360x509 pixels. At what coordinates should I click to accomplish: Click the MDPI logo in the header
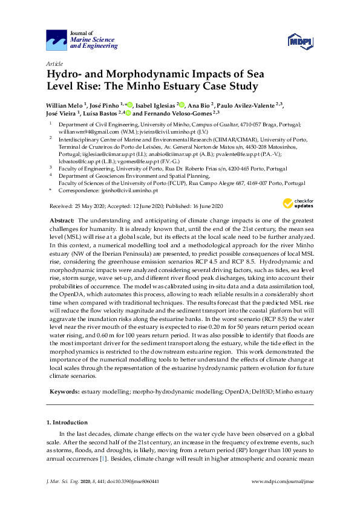301,41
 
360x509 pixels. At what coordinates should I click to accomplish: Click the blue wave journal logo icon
57,41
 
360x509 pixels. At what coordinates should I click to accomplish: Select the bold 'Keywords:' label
64,392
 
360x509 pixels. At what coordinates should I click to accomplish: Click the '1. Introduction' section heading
67,422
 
